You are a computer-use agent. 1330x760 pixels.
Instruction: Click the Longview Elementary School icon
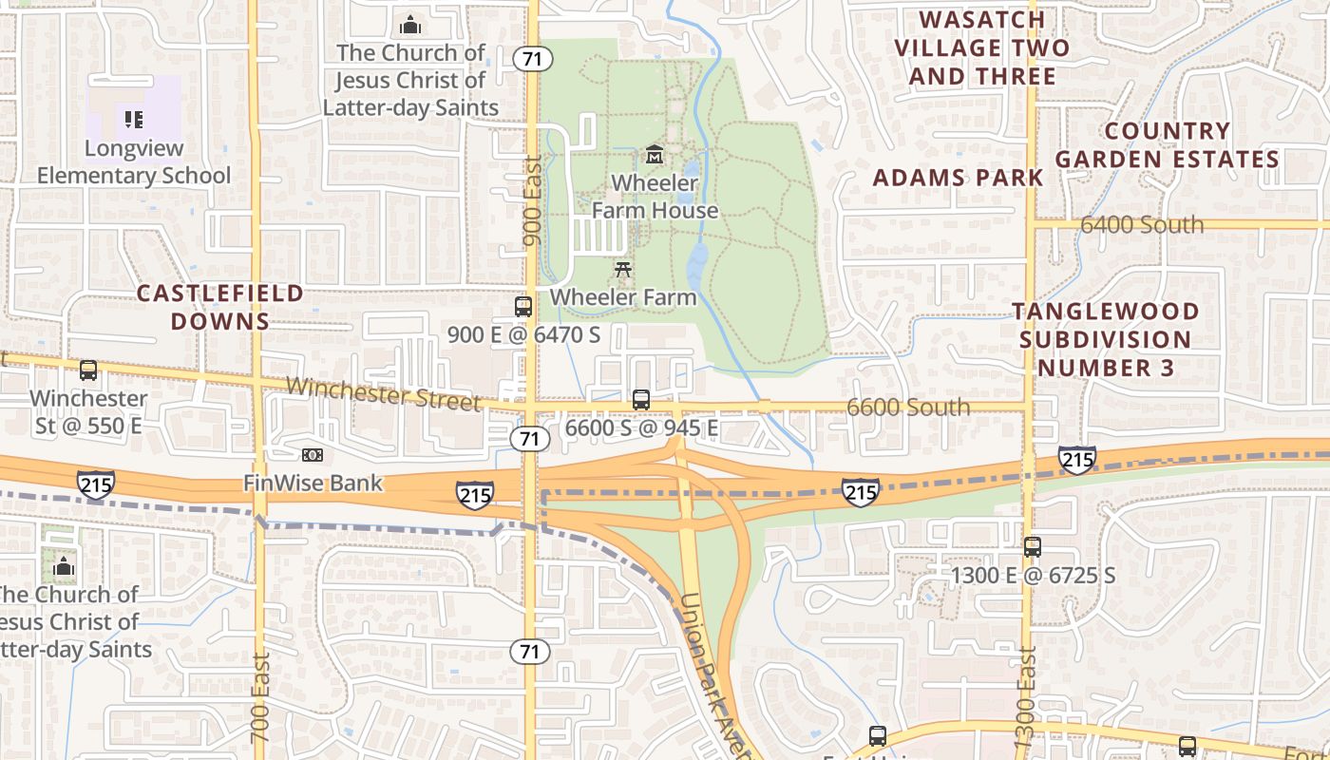tap(134, 120)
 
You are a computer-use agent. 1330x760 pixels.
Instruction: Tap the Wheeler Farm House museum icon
tap(655, 154)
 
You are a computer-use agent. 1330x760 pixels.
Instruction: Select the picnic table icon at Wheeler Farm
tap(623, 270)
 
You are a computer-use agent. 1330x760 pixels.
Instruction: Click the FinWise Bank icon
tap(313, 456)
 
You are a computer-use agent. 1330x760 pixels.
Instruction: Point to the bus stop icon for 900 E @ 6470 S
tap(523, 307)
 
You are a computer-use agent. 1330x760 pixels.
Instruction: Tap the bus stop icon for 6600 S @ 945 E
tap(641, 400)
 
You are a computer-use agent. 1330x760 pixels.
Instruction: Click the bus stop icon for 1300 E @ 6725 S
tap(1033, 547)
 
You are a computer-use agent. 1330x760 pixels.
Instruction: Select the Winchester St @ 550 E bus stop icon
tap(88, 370)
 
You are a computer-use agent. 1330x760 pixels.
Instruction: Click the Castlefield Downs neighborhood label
tap(220, 307)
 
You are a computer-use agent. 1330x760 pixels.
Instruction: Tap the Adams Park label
tap(958, 178)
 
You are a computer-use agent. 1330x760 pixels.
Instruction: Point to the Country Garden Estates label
tap(1168, 144)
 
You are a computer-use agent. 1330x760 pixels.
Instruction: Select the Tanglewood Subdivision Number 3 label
tap(1105, 339)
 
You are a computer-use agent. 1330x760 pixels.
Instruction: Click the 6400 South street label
tap(1142, 225)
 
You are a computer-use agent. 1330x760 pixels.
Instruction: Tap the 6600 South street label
tap(908, 408)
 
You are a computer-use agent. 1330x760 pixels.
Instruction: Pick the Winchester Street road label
tap(383, 393)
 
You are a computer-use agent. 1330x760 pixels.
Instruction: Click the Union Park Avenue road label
tap(713, 674)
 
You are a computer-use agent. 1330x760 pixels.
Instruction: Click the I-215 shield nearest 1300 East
tap(1077, 461)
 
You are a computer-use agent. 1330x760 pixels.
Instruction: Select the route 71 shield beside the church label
tap(532, 59)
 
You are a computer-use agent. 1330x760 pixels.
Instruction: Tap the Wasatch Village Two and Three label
tap(982, 47)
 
